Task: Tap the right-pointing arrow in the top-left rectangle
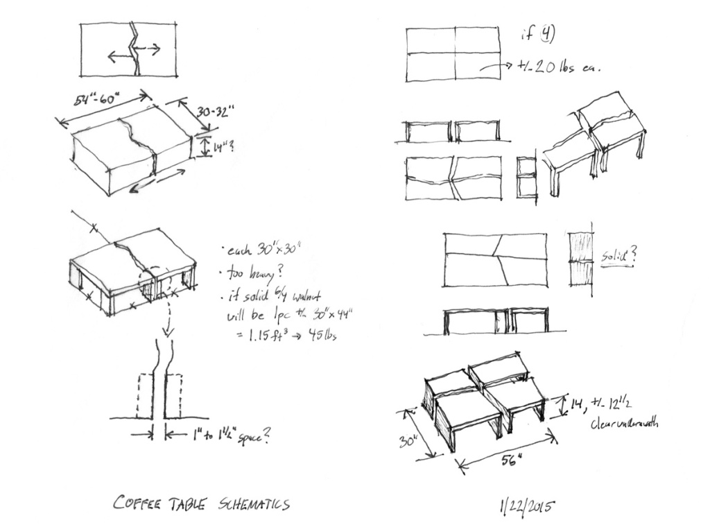(x=149, y=49)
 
